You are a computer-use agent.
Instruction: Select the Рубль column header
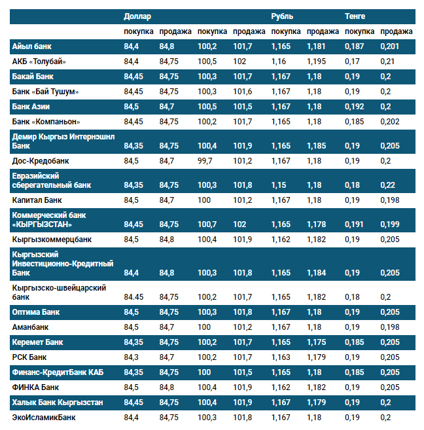tap(282, 16)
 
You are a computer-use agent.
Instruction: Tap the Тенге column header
tap(355, 16)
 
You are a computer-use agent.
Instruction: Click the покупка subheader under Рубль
tap(286, 31)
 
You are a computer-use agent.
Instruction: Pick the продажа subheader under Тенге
tap(397, 31)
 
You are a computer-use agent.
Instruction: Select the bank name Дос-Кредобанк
tap(41, 160)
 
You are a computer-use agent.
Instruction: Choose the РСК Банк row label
tap(29, 357)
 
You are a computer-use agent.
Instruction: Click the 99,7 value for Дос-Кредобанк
tap(205, 160)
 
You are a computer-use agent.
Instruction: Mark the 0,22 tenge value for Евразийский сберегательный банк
tap(388, 185)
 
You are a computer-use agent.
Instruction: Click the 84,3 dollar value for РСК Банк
tap(131, 357)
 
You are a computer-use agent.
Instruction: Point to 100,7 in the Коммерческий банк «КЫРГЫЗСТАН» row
tap(207, 224)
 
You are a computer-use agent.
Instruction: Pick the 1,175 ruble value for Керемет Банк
tap(316, 342)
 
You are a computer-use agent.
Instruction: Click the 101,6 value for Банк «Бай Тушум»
tap(242, 91)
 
